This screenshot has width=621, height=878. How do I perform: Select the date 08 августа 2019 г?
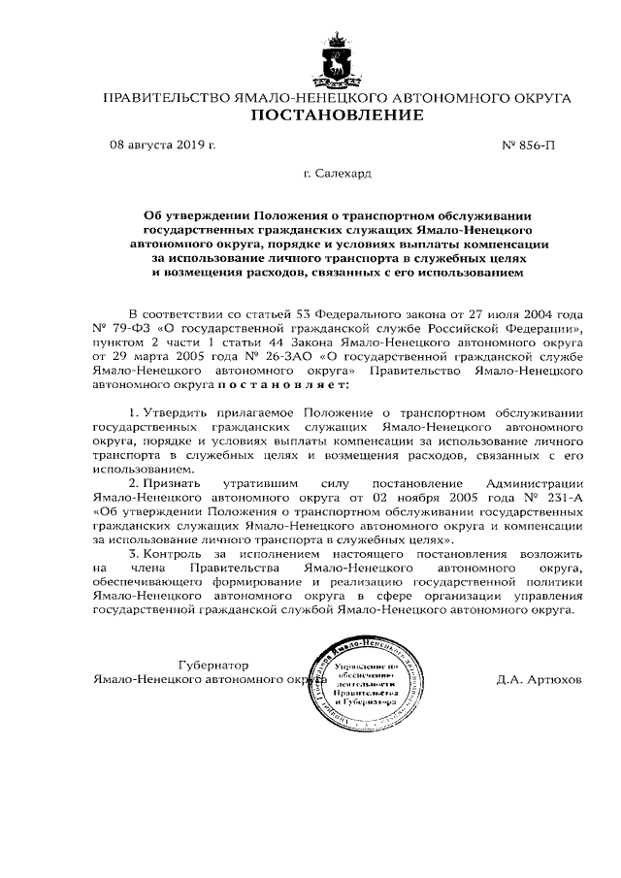(162, 146)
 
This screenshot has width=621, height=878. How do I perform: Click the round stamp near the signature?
(364, 689)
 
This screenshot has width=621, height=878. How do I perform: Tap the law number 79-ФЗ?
(119, 330)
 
